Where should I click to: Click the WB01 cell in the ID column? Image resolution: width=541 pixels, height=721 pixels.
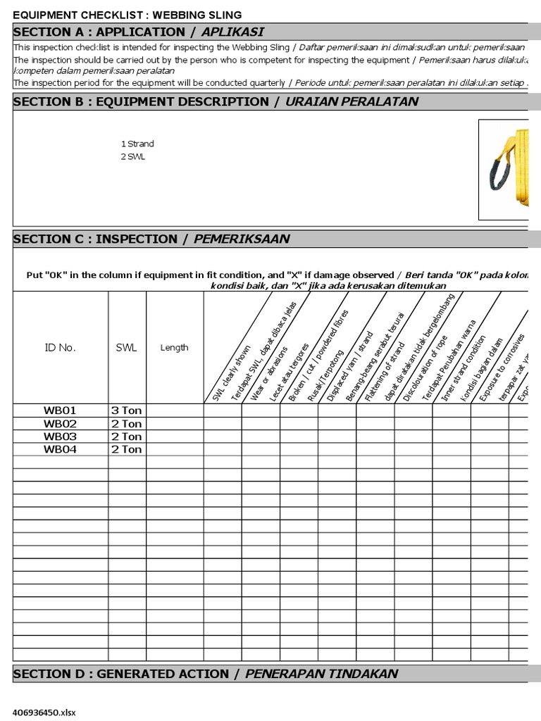click(60, 410)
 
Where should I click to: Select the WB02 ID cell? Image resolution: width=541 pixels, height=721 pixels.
click(60, 424)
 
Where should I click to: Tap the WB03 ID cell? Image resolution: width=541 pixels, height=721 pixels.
click(60, 437)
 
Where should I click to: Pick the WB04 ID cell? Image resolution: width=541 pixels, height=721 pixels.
click(60, 449)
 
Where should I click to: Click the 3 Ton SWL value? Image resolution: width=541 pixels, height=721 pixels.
click(126, 410)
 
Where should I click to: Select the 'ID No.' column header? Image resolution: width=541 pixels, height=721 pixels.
click(60, 347)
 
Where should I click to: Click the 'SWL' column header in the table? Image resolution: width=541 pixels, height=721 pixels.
click(127, 347)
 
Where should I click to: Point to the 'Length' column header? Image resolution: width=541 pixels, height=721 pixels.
click(174, 347)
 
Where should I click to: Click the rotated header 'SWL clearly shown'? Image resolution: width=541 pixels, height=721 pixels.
click(232, 373)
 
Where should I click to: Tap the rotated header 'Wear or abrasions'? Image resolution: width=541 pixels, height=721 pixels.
click(270, 373)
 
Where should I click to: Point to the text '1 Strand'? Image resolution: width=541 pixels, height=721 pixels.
click(137, 144)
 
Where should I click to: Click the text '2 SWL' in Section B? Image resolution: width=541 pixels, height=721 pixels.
click(132, 156)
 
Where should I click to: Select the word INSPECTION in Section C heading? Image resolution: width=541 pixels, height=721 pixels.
click(137, 239)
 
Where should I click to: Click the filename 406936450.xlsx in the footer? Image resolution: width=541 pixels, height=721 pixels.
click(44, 712)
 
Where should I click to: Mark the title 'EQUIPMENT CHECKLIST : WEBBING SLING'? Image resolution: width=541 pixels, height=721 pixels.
click(128, 15)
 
